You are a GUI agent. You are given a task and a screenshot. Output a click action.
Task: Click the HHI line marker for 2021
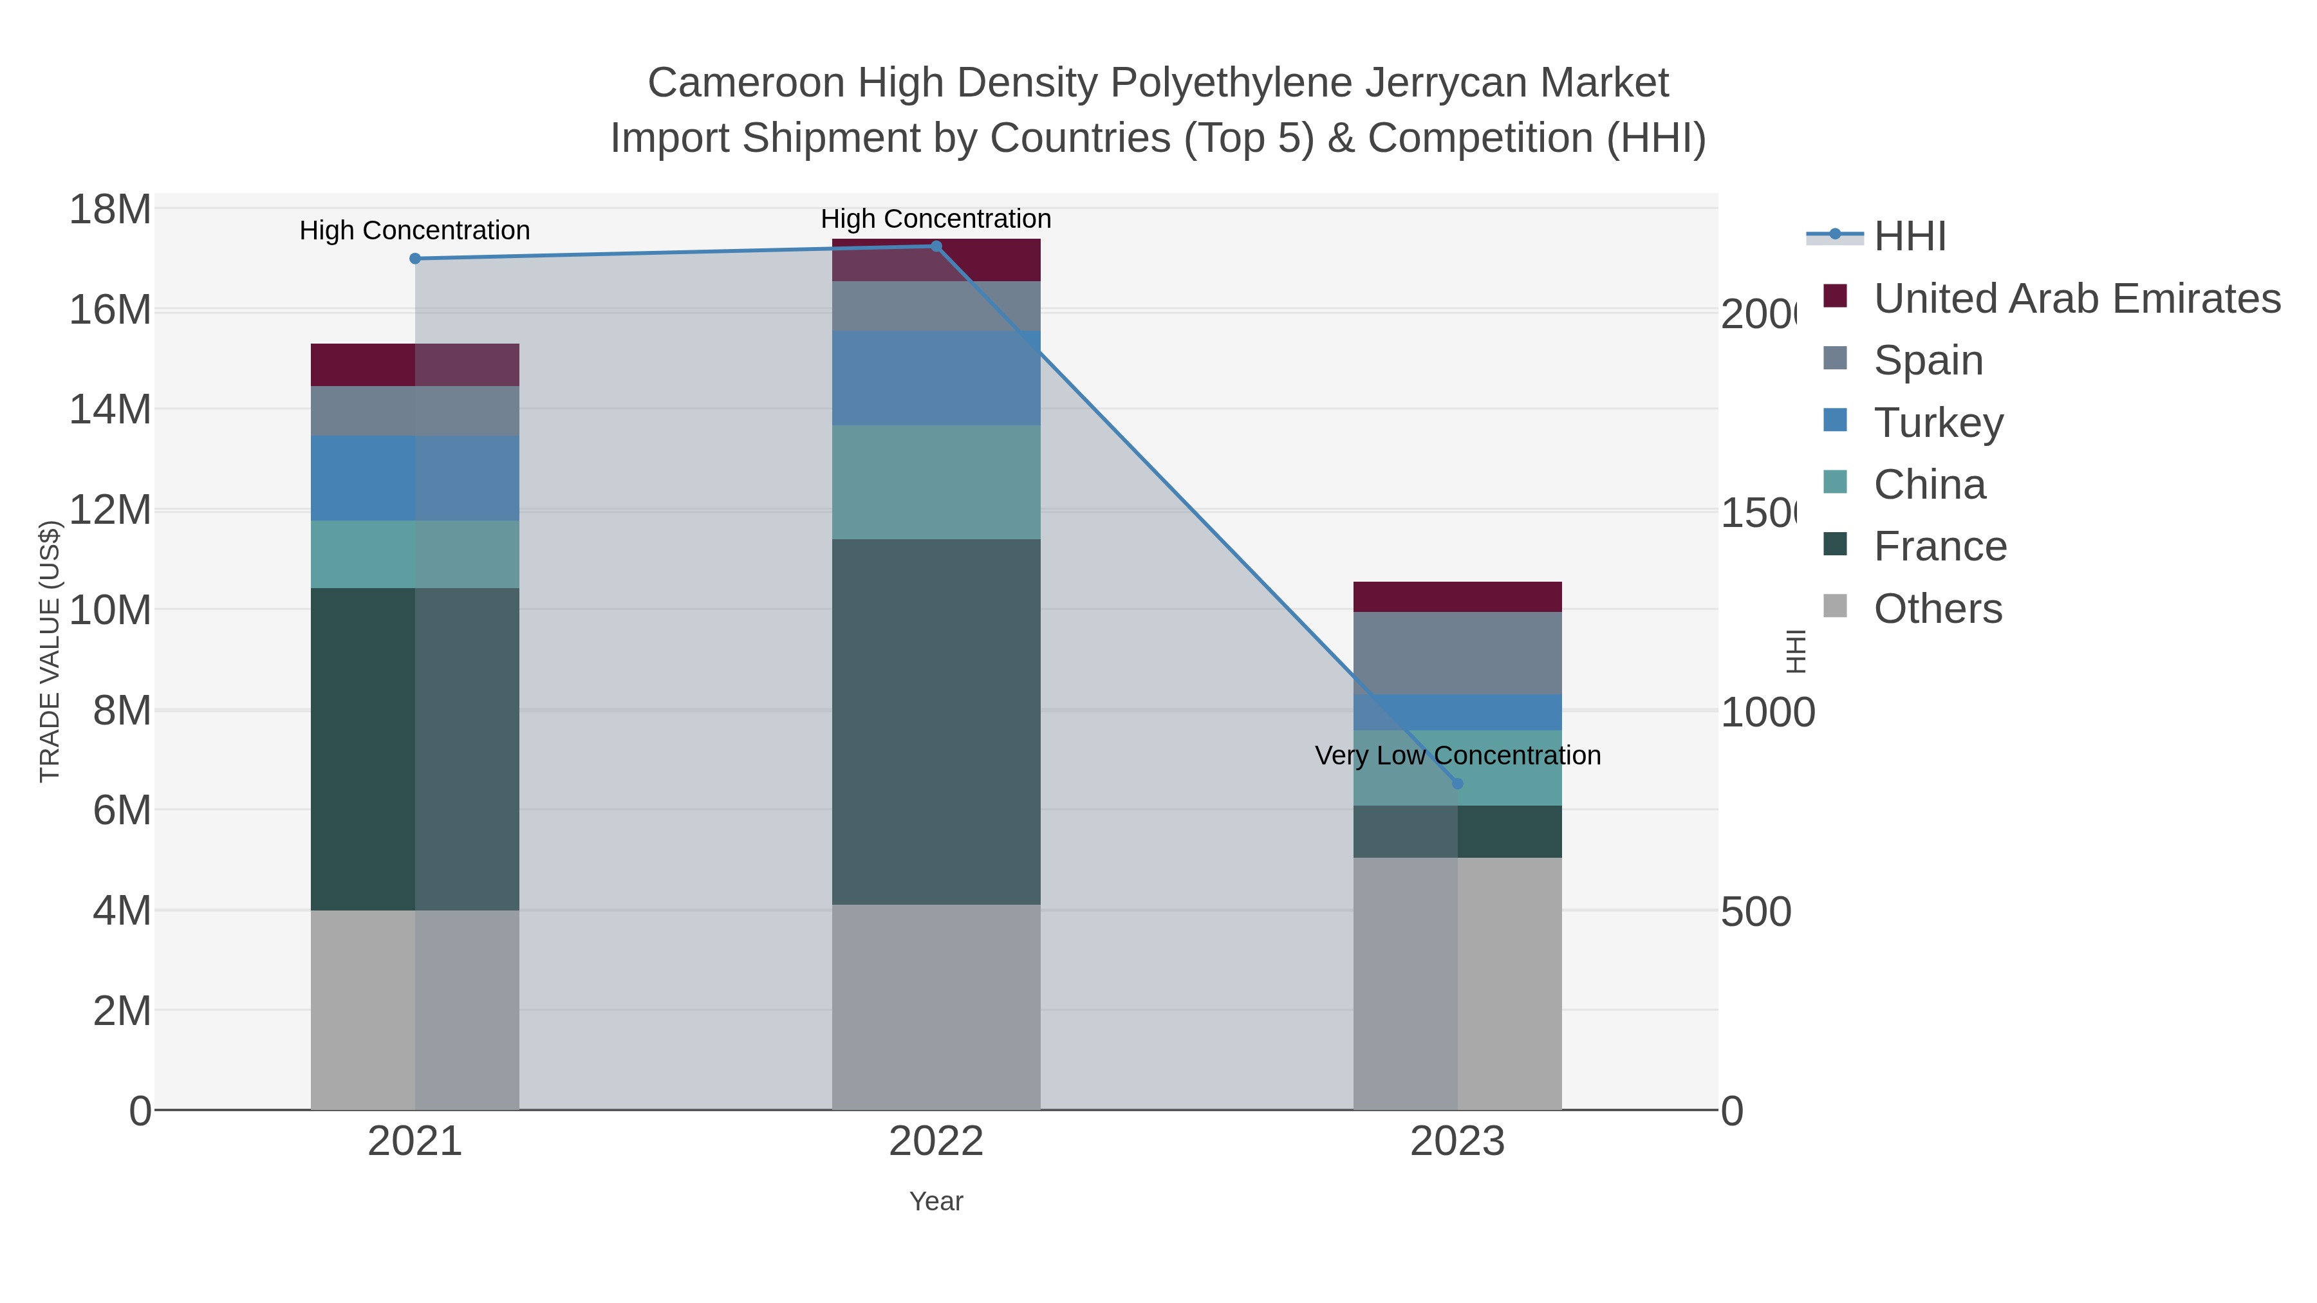pyautogui.click(x=414, y=259)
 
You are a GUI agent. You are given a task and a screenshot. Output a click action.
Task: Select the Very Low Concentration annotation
pyautogui.click(x=1457, y=755)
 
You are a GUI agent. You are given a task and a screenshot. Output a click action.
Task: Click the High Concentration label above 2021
pyautogui.click(x=414, y=230)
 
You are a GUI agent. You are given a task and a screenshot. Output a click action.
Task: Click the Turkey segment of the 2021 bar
pyautogui.click(x=414, y=478)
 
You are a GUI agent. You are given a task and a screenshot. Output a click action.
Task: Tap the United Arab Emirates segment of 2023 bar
pyautogui.click(x=1457, y=597)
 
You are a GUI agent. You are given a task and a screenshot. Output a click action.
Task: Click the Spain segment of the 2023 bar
pyautogui.click(x=1457, y=653)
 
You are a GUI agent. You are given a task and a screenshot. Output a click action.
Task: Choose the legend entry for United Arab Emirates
pyautogui.click(x=2076, y=299)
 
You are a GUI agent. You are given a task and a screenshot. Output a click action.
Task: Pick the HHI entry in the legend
pyautogui.click(x=1909, y=237)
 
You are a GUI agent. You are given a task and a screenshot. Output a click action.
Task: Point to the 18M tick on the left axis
pyautogui.click(x=109, y=210)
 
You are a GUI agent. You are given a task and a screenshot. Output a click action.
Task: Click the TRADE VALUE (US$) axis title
pyautogui.click(x=50, y=651)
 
